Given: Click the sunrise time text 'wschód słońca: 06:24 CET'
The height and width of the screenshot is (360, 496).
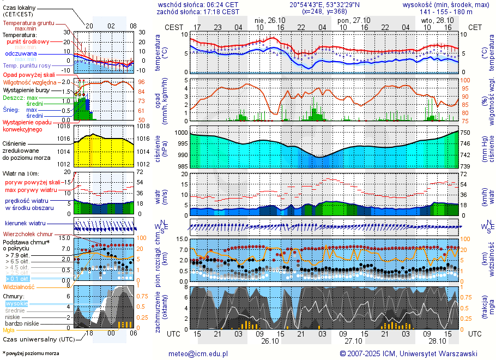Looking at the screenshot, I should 197,4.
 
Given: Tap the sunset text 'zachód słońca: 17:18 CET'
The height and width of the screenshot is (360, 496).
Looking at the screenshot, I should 197,11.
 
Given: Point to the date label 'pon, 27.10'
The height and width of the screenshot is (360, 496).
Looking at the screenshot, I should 354,20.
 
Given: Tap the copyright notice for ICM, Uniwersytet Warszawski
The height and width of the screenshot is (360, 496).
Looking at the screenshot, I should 408,353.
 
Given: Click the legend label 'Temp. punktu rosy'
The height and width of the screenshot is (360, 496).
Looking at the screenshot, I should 28,65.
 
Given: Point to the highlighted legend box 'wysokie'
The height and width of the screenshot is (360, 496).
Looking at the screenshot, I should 16,303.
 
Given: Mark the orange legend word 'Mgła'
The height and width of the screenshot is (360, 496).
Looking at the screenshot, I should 9,330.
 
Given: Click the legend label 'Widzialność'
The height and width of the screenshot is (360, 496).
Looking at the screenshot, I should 19,286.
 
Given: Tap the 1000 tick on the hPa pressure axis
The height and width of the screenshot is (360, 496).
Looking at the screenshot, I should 180,133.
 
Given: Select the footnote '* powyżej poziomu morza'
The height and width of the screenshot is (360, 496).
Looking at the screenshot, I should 31,353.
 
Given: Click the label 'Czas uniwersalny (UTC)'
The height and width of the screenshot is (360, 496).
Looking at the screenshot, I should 38,339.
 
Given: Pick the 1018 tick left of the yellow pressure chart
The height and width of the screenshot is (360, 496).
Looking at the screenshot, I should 64,126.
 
